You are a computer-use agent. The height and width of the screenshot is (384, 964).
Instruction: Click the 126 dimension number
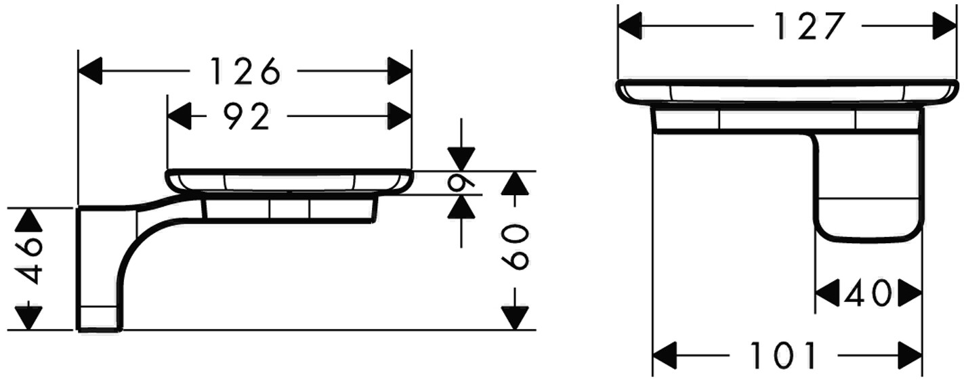[245, 71]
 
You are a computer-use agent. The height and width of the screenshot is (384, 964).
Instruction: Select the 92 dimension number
[247, 116]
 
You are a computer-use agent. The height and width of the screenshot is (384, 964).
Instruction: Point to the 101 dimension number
[782, 356]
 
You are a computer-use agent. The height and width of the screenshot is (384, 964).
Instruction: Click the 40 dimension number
[866, 293]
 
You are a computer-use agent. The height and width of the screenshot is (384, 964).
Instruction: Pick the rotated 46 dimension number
[29, 261]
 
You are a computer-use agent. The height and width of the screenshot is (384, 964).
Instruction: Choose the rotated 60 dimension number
[515, 248]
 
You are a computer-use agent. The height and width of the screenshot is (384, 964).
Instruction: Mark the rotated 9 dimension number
[461, 183]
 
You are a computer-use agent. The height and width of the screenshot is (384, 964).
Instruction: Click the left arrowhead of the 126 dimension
[90, 71]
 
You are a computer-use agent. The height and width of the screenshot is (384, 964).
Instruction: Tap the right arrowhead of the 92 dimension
[400, 116]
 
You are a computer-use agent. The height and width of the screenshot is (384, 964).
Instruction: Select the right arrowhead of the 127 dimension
[944, 26]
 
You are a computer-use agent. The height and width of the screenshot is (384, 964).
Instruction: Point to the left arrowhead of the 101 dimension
[665, 356]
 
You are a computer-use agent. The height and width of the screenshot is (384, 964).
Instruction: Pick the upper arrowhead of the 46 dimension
[29, 221]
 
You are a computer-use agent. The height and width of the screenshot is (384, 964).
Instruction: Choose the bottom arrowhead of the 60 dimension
[515, 318]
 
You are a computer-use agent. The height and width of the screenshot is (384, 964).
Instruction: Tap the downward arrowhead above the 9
[461, 159]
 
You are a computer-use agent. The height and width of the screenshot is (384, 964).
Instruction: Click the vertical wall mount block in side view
[97, 269]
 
